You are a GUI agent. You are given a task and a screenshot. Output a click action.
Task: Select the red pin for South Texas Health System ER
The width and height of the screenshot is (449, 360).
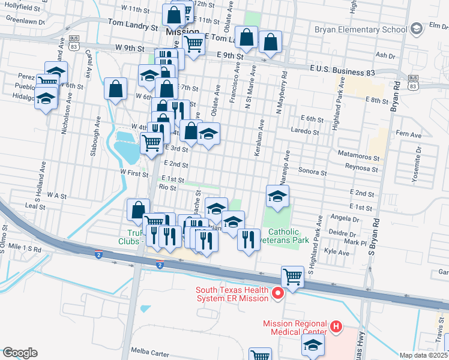click(277, 293)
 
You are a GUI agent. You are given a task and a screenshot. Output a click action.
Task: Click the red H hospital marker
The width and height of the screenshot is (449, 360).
click(336, 328)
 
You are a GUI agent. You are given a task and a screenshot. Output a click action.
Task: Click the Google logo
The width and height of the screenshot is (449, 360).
click(20, 353)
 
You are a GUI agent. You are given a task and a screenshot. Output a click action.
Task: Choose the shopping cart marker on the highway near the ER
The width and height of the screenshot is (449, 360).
click(292, 277)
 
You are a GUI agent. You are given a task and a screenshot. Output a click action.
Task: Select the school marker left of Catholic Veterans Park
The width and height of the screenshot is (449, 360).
click(277, 196)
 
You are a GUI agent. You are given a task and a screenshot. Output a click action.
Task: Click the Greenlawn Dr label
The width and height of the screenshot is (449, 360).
click(25, 20)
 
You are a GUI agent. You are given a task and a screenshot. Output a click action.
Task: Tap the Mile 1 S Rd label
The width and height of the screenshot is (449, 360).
click(22, 248)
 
